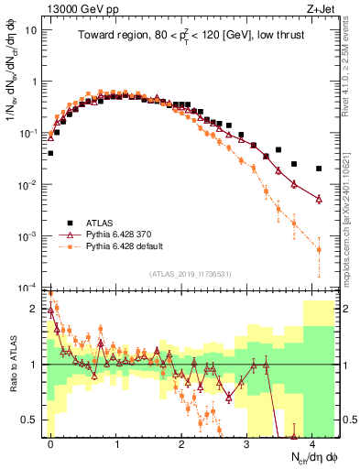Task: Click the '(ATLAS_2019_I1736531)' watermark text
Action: pos(190,273)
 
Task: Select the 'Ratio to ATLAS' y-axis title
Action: pos(16,365)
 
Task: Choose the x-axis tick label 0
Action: pos(50,442)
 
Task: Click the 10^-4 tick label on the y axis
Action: pos(27,287)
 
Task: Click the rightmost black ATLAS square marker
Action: pos(319,169)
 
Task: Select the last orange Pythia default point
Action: pos(319,249)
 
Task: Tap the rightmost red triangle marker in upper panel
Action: pos(319,198)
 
